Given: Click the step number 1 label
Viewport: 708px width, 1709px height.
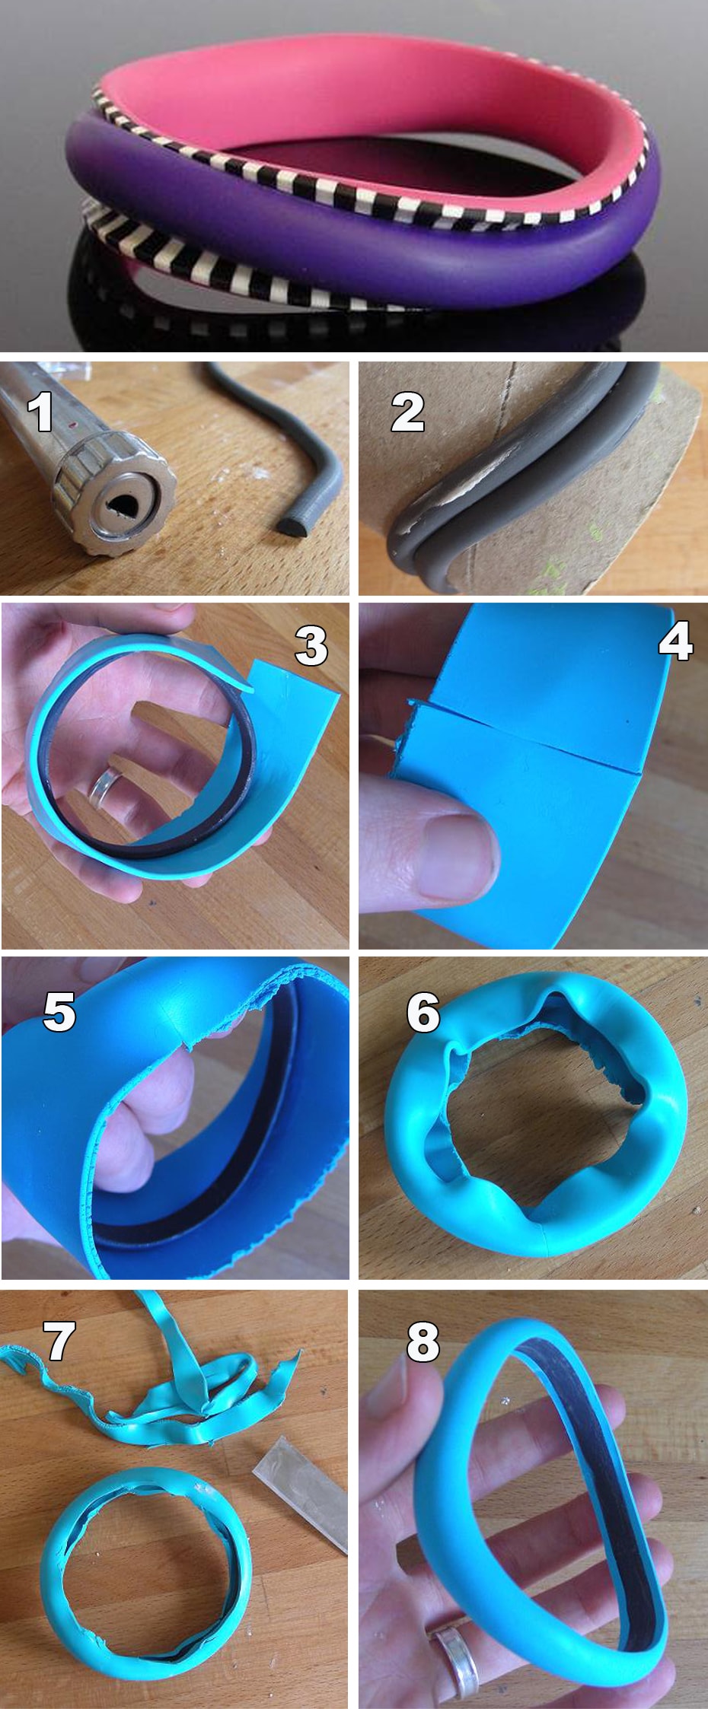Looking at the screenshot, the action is pyautogui.click(x=40, y=412).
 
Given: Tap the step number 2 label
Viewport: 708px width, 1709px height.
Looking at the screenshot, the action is pyautogui.click(x=407, y=412).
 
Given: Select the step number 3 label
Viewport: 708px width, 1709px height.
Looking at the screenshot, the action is pyautogui.click(x=311, y=646).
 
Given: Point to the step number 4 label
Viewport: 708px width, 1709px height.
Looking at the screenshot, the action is pyautogui.click(x=675, y=640).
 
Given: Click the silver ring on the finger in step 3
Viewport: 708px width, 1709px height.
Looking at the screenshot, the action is pyautogui.click(x=104, y=787).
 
